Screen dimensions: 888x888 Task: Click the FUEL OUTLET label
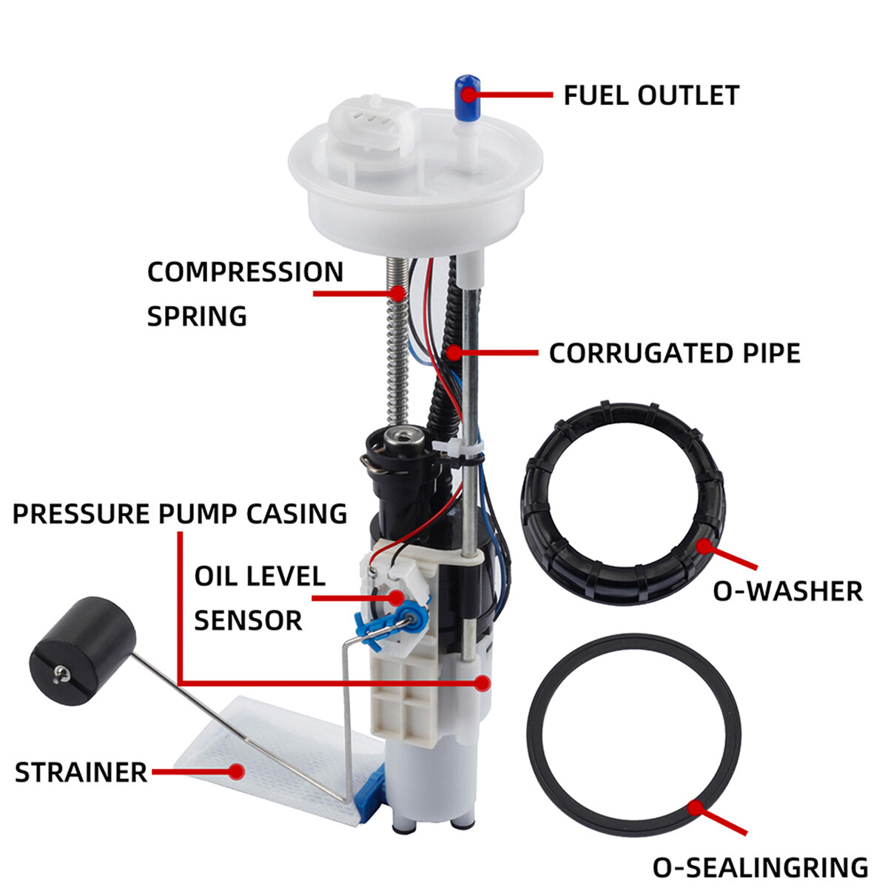[x=651, y=95]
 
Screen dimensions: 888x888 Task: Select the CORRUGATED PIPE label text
[x=674, y=353]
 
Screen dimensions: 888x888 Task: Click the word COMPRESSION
[x=245, y=272]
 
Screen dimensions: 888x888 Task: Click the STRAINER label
[x=81, y=773]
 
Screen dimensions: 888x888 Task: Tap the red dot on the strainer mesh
[x=237, y=772]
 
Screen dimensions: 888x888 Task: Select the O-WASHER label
[x=787, y=591]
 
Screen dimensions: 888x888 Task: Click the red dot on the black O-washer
[x=704, y=546]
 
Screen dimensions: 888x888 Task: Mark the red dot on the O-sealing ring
[x=693, y=807]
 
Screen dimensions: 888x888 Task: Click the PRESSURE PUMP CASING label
[x=180, y=514]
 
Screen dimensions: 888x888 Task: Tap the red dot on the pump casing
[x=482, y=682]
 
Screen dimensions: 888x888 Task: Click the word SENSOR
[x=248, y=620]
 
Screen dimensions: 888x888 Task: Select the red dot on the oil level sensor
[x=397, y=596]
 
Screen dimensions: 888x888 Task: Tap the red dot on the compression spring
[x=399, y=294]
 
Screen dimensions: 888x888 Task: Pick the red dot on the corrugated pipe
[x=453, y=352]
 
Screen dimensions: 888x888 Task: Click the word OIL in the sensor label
[x=219, y=576]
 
